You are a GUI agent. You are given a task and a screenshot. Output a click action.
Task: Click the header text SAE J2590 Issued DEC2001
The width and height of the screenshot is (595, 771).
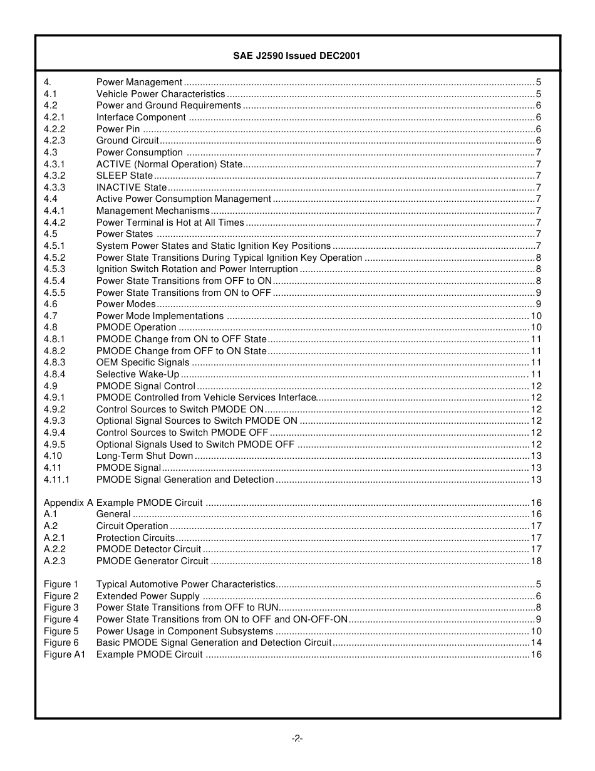coord(297,56)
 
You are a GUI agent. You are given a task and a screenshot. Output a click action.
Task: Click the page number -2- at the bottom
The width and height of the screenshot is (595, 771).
coord(297,738)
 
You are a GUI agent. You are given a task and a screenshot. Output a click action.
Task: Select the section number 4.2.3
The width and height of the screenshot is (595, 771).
coord(54,140)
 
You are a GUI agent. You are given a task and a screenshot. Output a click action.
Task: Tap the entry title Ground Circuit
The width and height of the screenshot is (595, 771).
coord(127,140)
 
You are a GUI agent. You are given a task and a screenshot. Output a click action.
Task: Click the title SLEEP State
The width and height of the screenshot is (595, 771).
coord(124,176)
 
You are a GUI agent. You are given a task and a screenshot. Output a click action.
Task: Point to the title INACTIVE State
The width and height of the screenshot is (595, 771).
coord(132,187)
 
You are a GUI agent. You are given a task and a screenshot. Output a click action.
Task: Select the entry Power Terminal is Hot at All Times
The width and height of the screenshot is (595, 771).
coord(170,223)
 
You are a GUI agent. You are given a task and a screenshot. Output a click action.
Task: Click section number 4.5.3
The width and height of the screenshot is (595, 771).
coord(54,269)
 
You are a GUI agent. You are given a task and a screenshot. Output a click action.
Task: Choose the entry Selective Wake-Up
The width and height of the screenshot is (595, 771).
coord(137,374)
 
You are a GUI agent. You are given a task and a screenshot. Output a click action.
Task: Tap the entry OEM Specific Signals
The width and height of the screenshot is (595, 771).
coord(142,362)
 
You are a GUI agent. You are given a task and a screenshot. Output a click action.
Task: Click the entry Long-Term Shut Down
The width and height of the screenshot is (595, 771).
coord(144,456)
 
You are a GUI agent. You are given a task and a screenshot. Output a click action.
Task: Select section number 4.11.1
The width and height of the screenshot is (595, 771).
coord(56,480)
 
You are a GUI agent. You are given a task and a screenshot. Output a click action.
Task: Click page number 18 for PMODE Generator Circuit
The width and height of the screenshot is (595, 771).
coord(536,561)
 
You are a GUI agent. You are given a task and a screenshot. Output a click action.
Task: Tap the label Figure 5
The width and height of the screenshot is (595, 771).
coord(61,631)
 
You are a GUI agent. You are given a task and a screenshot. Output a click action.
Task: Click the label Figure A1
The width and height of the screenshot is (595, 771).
coord(64,654)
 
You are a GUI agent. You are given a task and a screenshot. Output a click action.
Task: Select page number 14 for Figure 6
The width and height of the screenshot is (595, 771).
coord(536,642)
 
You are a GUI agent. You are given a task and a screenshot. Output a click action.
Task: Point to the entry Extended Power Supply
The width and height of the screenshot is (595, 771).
coord(148,596)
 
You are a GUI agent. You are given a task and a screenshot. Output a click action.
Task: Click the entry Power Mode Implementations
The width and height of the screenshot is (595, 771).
coord(160,316)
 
